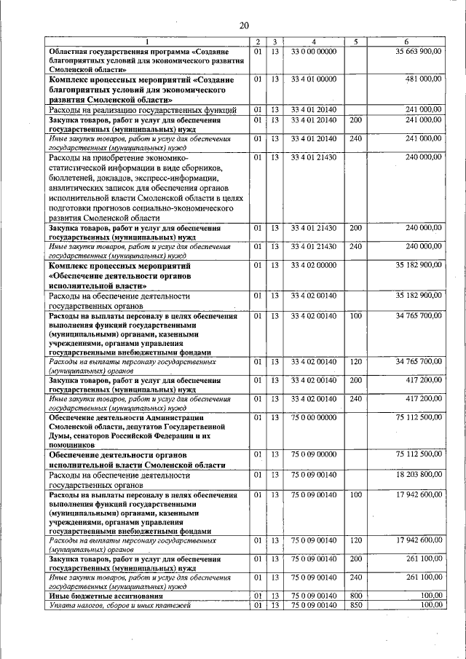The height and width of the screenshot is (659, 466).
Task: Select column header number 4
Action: click(x=313, y=42)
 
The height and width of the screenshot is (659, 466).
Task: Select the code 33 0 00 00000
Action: click(x=313, y=52)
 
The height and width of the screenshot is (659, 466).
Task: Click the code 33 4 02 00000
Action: click(x=313, y=267)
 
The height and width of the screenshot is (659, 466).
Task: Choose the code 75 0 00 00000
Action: click(x=313, y=417)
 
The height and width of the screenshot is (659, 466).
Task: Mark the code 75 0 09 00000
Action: click(x=313, y=454)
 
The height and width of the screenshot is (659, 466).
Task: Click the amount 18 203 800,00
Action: click(x=418, y=475)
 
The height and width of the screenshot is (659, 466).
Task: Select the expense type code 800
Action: click(x=355, y=596)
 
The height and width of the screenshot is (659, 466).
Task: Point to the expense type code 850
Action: click(x=355, y=604)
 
